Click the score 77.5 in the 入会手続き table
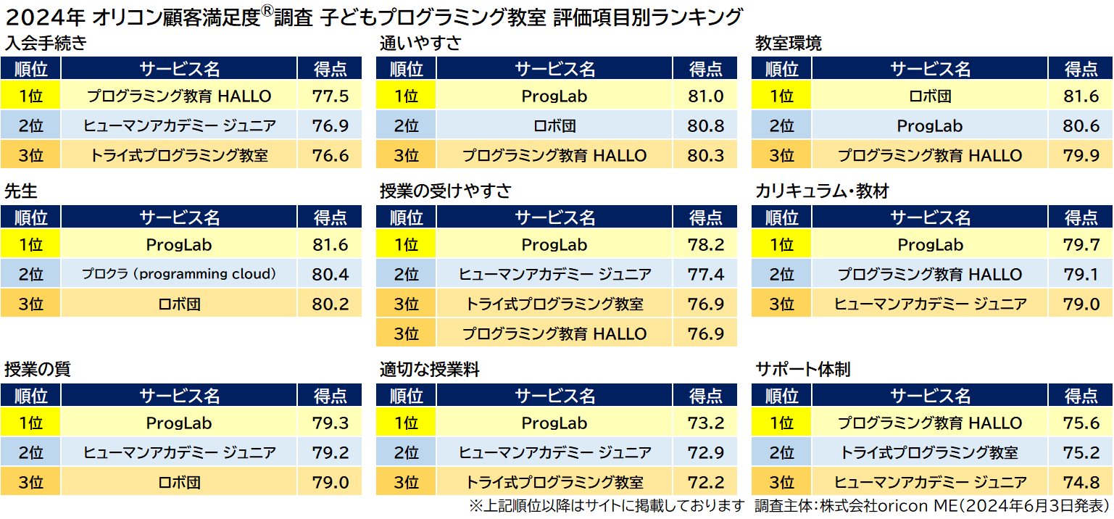click(x=331, y=96)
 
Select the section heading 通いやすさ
click(x=420, y=43)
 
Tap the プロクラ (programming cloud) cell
click(x=179, y=274)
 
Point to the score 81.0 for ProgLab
click(x=706, y=96)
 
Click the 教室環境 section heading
click(x=789, y=43)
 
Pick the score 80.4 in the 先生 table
click(x=331, y=274)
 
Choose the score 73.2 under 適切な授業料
click(x=706, y=423)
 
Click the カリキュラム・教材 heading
click(x=822, y=191)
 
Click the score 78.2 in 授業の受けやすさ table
click(x=706, y=245)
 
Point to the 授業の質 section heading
click(x=38, y=370)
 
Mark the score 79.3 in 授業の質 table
click(x=331, y=423)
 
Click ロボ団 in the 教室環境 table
click(x=930, y=96)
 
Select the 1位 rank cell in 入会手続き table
click(x=30, y=96)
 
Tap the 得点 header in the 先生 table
click(x=331, y=217)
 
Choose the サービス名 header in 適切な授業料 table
click(x=554, y=396)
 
